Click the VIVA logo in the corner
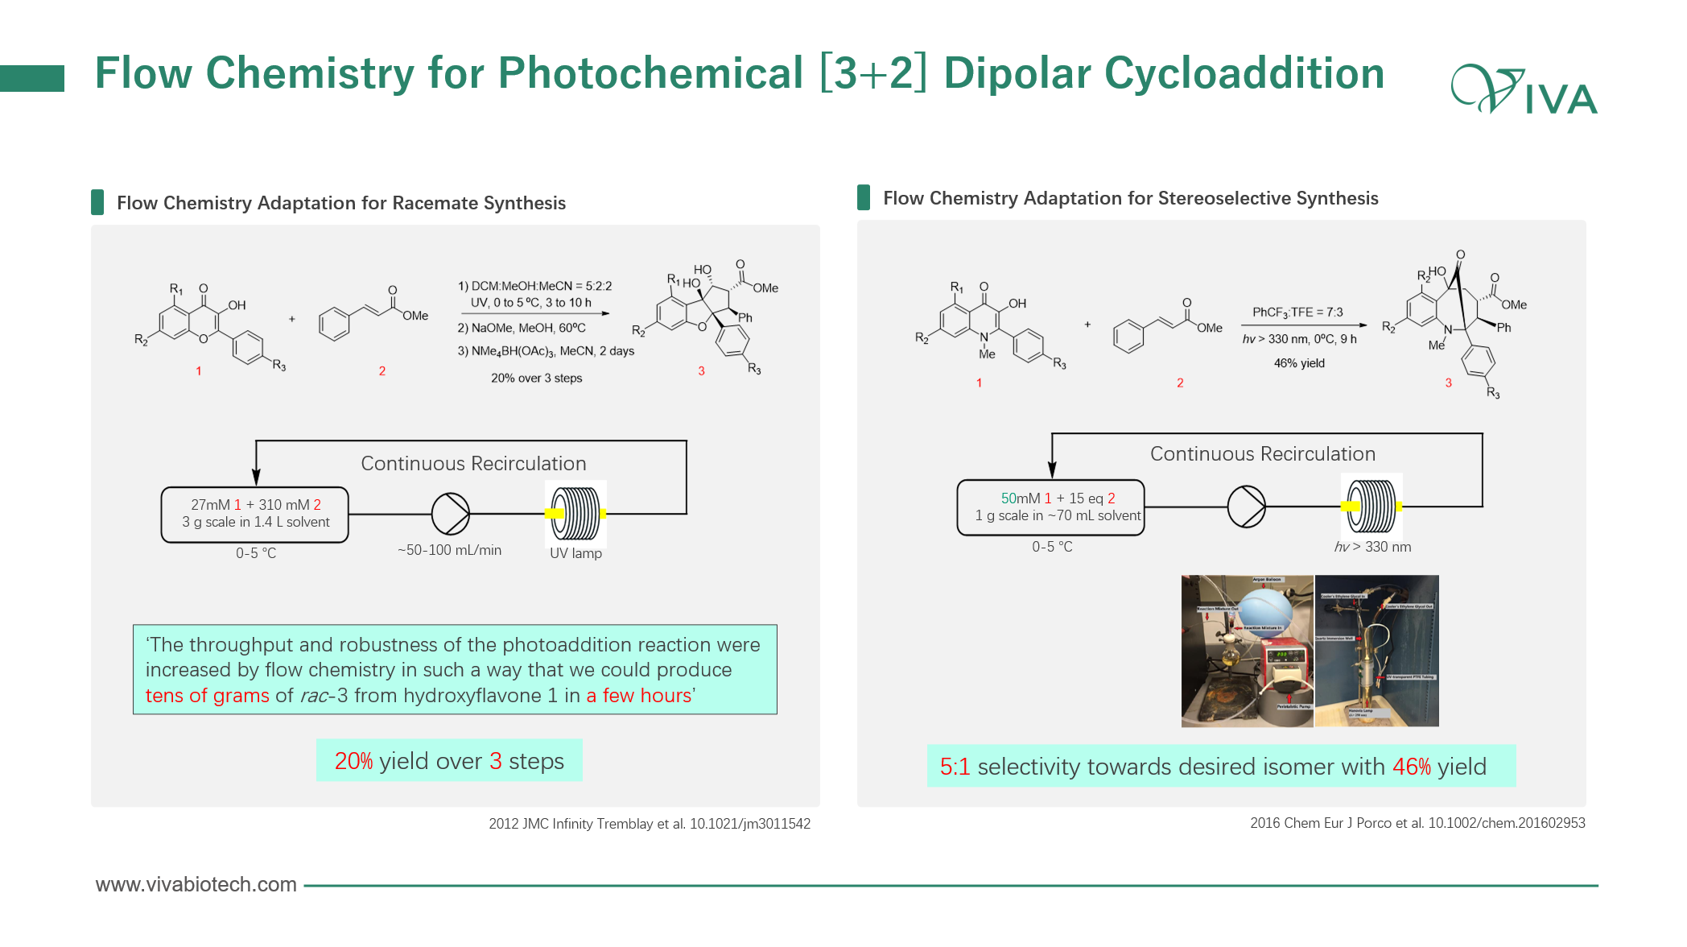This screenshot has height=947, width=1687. click(1524, 89)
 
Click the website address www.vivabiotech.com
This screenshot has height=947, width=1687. click(196, 884)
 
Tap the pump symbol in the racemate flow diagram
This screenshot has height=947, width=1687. click(450, 514)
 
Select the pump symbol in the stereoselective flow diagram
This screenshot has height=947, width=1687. click(1246, 507)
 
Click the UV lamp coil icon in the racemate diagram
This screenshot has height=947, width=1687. click(576, 513)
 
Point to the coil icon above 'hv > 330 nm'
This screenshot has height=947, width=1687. click(1371, 506)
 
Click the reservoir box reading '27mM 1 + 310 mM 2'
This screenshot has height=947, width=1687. click(255, 514)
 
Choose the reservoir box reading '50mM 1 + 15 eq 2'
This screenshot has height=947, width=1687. click(1050, 507)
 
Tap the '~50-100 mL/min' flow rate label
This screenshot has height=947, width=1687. click(449, 550)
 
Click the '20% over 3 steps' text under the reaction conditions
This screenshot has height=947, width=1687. click(536, 378)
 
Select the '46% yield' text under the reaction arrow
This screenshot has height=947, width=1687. click(1299, 363)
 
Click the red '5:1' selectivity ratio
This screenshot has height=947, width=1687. click(955, 767)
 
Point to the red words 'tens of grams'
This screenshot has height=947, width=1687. click(207, 696)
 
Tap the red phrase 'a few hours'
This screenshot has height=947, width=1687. click(638, 696)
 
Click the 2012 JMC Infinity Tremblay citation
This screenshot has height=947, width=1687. click(649, 824)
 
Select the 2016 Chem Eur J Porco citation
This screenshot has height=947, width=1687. click(1417, 823)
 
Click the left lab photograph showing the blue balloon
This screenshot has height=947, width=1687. click(1247, 651)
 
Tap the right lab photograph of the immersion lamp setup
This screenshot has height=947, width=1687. click(1376, 651)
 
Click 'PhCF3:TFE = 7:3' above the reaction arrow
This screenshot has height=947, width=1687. click(1297, 312)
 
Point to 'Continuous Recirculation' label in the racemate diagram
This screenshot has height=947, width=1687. click(473, 464)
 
